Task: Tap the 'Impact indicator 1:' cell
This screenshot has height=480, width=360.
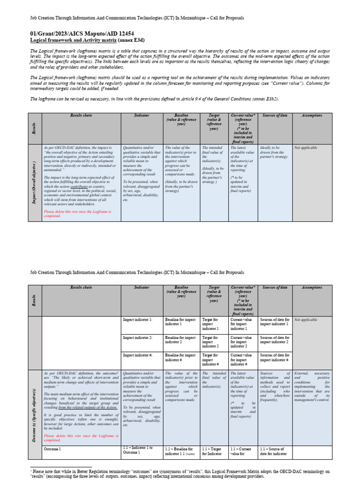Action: pyautogui.click(x=137, y=320)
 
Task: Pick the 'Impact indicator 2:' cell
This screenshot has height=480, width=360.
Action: pyautogui.click(x=137, y=337)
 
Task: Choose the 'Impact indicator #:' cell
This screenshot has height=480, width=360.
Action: pyautogui.click(x=138, y=355)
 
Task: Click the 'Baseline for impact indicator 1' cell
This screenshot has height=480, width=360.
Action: pyautogui.click(x=180, y=322)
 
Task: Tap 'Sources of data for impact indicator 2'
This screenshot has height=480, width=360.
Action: pyautogui.click(x=275, y=339)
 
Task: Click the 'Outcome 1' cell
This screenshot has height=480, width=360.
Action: pyautogui.click(x=52, y=449)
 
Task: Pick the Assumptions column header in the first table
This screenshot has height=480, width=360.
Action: pyautogui.click(x=312, y=115)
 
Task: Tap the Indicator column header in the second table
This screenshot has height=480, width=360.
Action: pyautogui.click(x=142, y=287)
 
